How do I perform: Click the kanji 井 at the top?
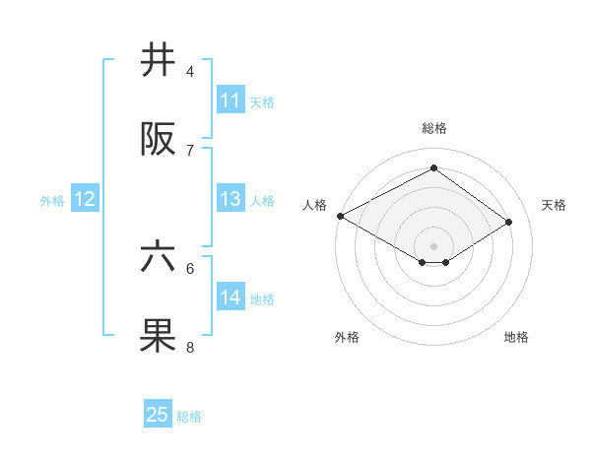159,61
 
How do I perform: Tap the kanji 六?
159,257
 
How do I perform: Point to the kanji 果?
159,336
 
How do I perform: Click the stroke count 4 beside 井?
190,72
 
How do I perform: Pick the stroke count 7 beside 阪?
190,150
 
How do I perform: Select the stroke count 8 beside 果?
190,347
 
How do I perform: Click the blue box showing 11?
230,100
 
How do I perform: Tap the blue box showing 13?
230,199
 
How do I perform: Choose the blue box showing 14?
230,298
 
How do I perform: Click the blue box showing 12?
85,199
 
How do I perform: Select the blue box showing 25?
158,415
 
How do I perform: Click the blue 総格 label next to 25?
190,417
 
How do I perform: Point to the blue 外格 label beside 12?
52,201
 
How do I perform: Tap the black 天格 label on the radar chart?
555,205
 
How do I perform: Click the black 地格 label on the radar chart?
516,337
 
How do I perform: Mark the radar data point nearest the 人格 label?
340,216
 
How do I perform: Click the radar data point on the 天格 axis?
509,223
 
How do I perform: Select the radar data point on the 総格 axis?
433,168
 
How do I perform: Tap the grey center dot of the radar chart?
433,245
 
